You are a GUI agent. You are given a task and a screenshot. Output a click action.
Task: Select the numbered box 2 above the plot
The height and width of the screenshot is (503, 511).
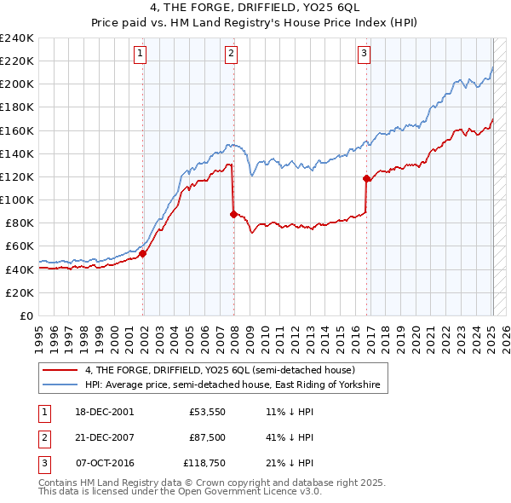[x=232, y=54]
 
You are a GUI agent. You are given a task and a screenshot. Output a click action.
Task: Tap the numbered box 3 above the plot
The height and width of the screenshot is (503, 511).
[x=364, y=54]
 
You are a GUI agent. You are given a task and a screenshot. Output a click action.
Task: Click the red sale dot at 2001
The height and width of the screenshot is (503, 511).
[x=143, y=252]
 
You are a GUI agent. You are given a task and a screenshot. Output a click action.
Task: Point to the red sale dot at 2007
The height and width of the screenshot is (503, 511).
[x=233, y=214]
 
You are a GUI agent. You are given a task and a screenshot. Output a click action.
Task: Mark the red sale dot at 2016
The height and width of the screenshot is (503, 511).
[x=366, y=178]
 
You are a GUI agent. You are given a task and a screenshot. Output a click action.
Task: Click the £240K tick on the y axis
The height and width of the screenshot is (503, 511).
[x=16, y=38]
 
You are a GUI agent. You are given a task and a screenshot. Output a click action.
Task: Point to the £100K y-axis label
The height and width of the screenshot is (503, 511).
[x=16, y=199]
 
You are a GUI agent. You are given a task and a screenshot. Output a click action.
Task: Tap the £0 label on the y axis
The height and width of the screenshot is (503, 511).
[x=26, y=315]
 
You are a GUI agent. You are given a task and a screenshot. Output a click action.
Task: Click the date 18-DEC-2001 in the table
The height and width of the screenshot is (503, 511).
[x=105, y=411]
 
